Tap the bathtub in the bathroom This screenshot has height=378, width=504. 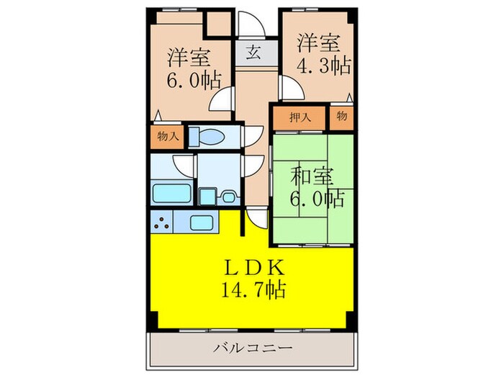point(171,192)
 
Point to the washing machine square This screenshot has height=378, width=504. point(208,195)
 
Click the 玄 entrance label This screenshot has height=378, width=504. point(253,52)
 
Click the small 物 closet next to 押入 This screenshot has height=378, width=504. point(341,117)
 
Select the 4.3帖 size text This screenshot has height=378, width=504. point(323,66)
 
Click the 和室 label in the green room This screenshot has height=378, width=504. point(312,176)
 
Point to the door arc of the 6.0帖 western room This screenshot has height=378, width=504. point(222,102)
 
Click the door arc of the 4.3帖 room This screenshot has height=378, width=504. point(289,90)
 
